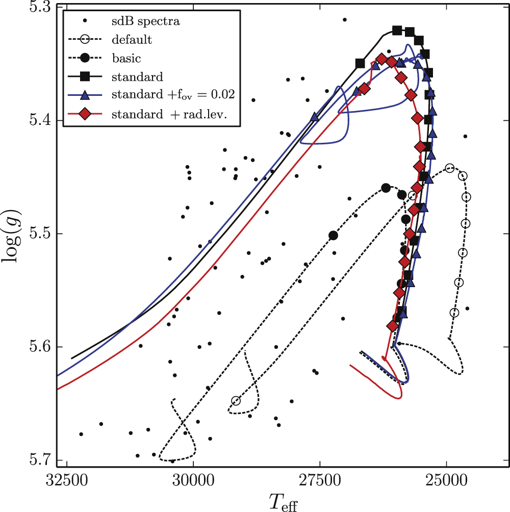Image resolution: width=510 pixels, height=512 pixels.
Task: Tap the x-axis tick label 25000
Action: [446, 481]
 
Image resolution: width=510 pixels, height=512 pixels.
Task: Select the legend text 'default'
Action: [133, 40]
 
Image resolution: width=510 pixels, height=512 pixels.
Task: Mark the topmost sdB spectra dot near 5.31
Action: [344, 20]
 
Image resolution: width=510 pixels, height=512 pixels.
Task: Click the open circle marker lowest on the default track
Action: [236, 401]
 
